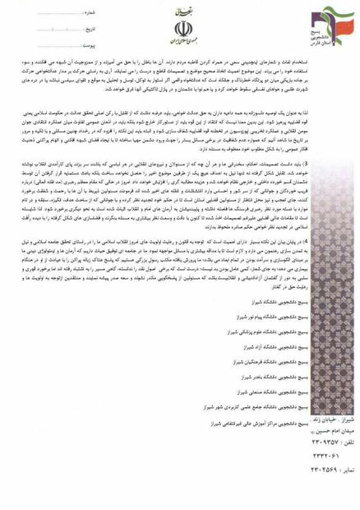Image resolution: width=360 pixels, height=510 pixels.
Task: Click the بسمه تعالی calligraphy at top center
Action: pyautogui.click(x=182, y=14)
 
